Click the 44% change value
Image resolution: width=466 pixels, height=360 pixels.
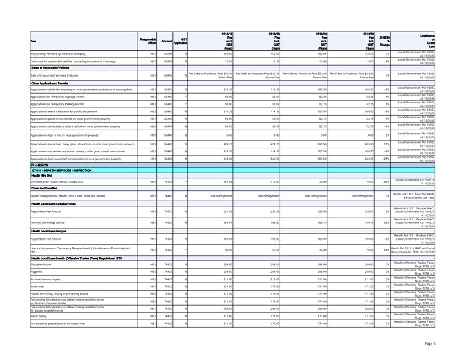click(387, 250)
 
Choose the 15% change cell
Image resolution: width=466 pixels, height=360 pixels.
click(387, 144)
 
